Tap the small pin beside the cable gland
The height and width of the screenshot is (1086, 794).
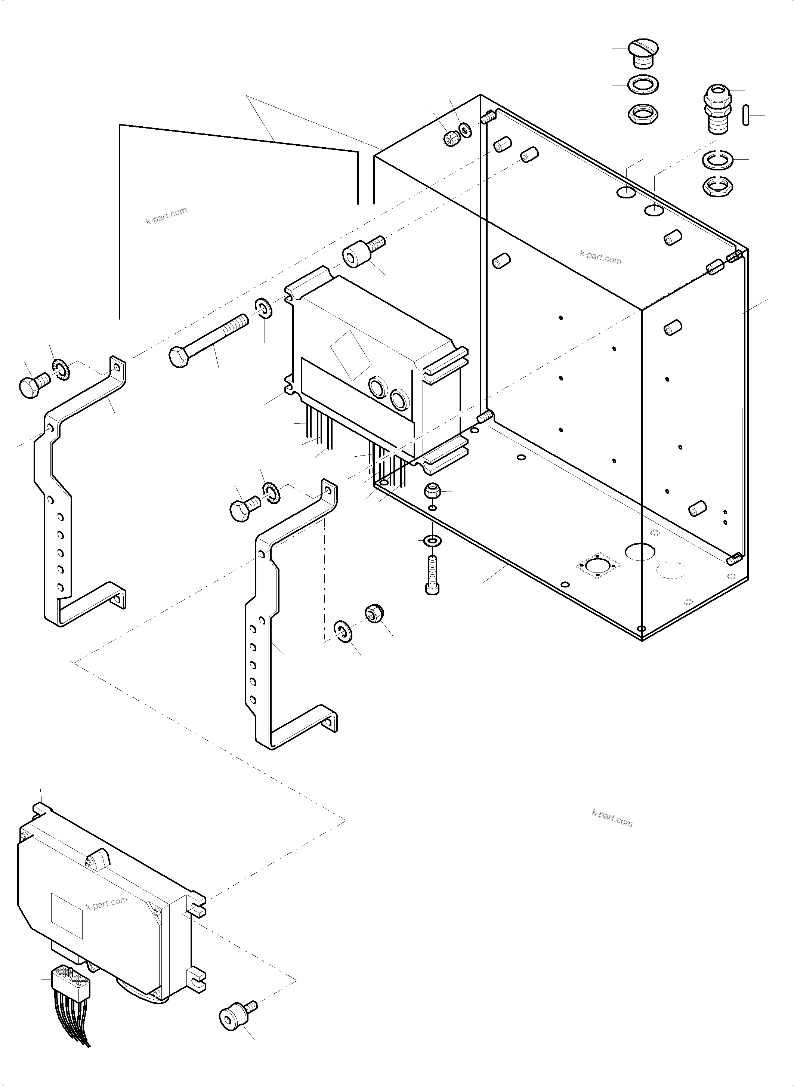point(746,115)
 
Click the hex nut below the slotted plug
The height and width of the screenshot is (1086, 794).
point(643,115)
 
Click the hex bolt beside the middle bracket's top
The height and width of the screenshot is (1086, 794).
point(245,507)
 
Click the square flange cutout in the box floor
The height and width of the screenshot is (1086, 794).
point(598,566)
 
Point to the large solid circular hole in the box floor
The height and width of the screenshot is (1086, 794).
point(640,552)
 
